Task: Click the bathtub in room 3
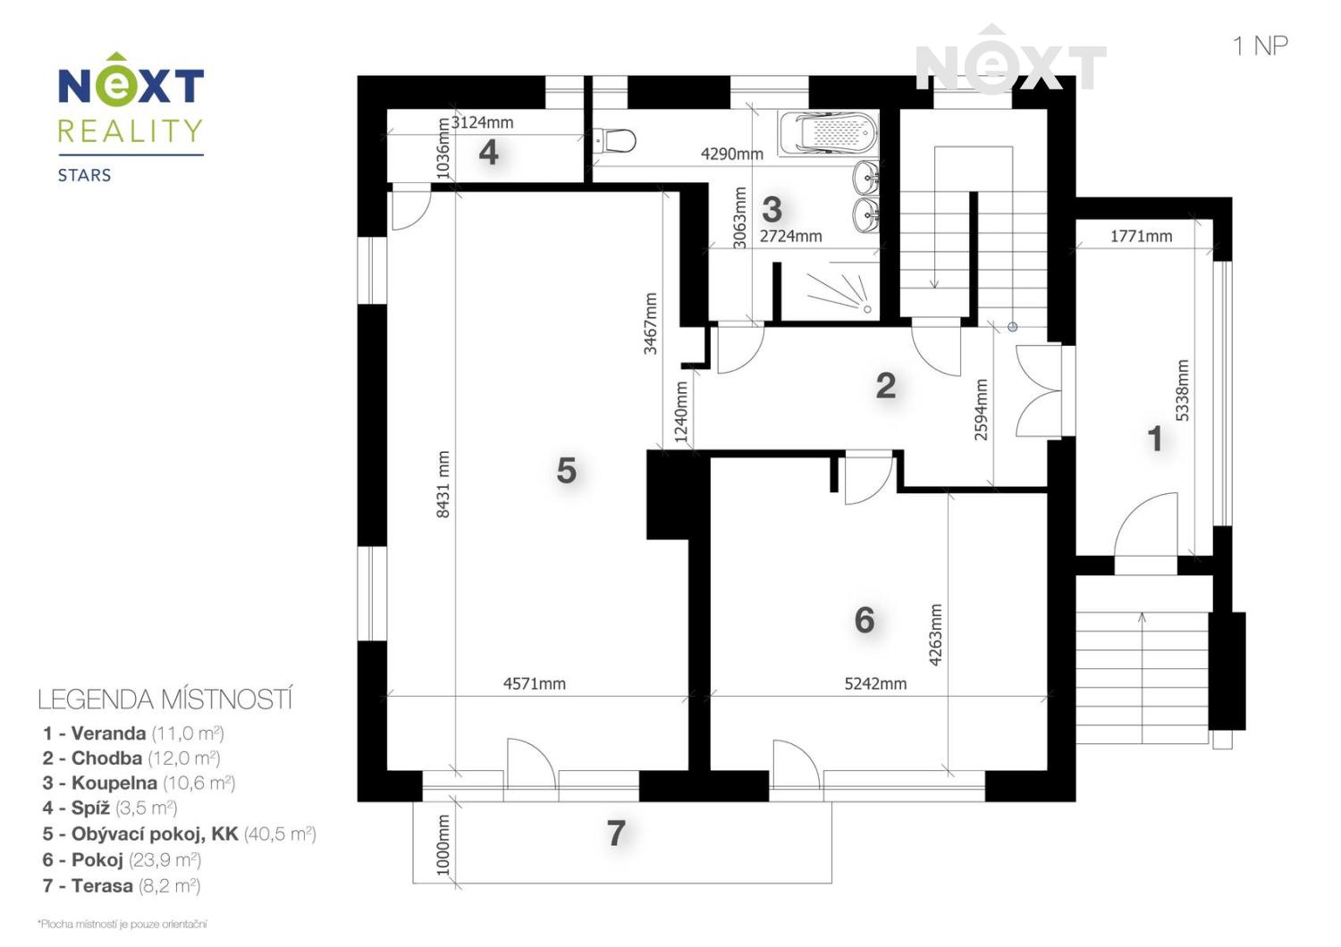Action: (829, 133)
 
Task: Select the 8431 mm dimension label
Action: (443, 484)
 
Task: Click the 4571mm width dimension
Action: (534, 683)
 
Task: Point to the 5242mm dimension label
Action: (875, 683)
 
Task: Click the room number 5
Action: (566, 470)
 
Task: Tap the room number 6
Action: (864, 620)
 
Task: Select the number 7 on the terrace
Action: (616, 833)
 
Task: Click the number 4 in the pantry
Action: (488, 152)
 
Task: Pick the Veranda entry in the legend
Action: (133, 733)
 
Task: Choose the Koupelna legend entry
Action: (139, 783)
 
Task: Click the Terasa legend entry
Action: (121, 885)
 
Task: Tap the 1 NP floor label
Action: (1261, 46)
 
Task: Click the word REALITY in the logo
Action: (131, 130)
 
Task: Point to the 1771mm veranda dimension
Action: (1141, 236)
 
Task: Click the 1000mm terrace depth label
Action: (443, 844)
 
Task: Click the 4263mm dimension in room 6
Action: (936, 634)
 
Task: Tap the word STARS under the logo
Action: (84, 175)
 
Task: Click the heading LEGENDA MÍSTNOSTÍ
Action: (165, 700)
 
